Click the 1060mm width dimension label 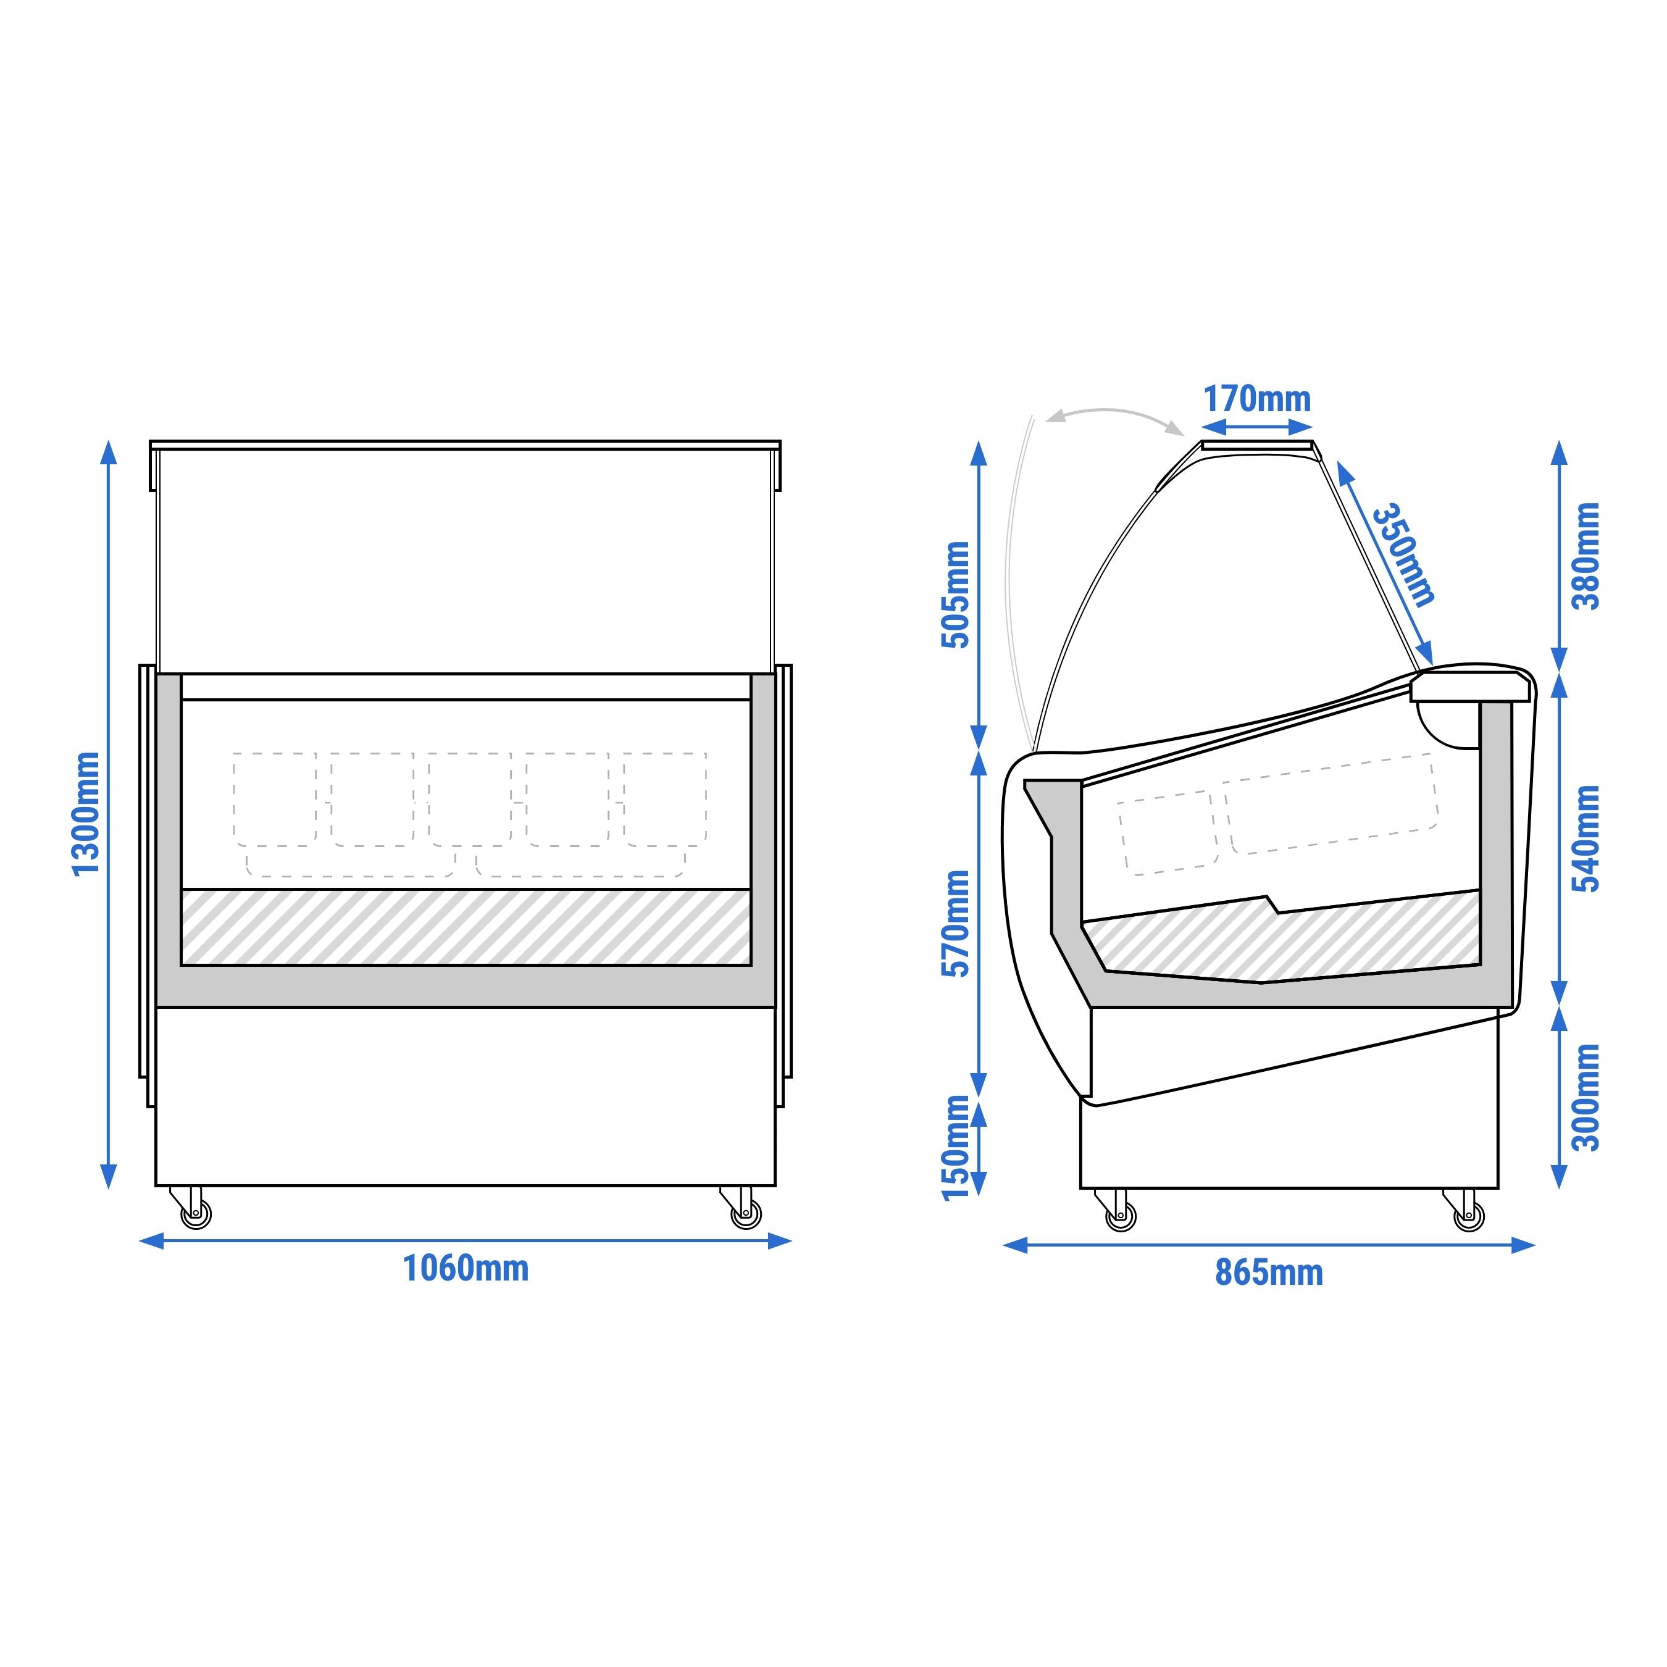click(466, 1268)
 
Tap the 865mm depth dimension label click(1268, 1272)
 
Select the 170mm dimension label click(1257, 399)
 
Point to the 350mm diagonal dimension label click(1405, 555)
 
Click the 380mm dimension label click(1586, 556)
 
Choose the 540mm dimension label click(1586, 838)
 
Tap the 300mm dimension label click(1586, 1098)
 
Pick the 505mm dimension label click(956, 595)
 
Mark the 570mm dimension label click(956, 923)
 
